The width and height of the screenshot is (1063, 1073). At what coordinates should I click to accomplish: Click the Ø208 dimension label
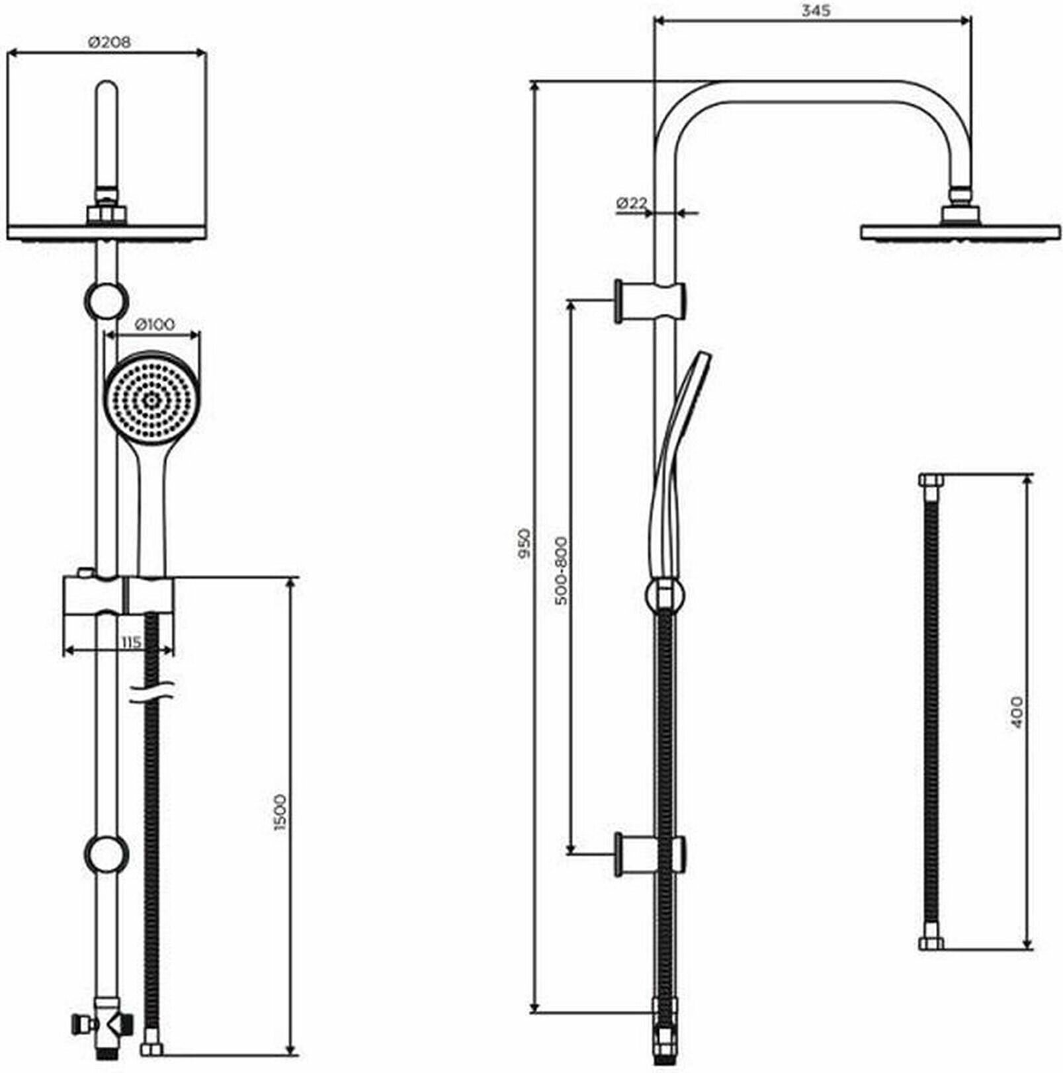pyautogui.click(x=109, y=42)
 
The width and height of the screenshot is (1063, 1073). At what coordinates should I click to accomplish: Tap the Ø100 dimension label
pyautogui.click(x=154, y=324)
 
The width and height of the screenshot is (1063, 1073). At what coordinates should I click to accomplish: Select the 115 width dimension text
pyautogui.click(x=131, y=642)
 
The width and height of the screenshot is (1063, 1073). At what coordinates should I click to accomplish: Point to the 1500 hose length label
pyautogui.click(x=280, y=812)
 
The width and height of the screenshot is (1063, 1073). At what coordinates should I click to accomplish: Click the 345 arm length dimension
pyautogui.click(x=816, y=11)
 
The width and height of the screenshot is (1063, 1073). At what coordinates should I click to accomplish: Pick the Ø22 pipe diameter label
pyautogui.click(x=631, y=204)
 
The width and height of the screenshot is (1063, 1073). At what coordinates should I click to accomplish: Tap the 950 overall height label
pyautogui.click(x=524, y=543)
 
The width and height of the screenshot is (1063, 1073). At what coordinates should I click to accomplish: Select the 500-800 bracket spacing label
pyautogui.click(x=561, y=572)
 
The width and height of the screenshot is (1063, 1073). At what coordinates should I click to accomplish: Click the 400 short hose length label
pyautogui.click(x=1016, y=712)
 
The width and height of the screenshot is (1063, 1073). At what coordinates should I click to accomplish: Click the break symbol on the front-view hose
pyautogui.click(x=152, y=691)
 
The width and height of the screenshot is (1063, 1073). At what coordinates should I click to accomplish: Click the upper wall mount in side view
pyautogui.click(x=650, y=301)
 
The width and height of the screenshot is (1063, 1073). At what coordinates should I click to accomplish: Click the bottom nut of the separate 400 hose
pyautogui.click(x=931, y=944)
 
